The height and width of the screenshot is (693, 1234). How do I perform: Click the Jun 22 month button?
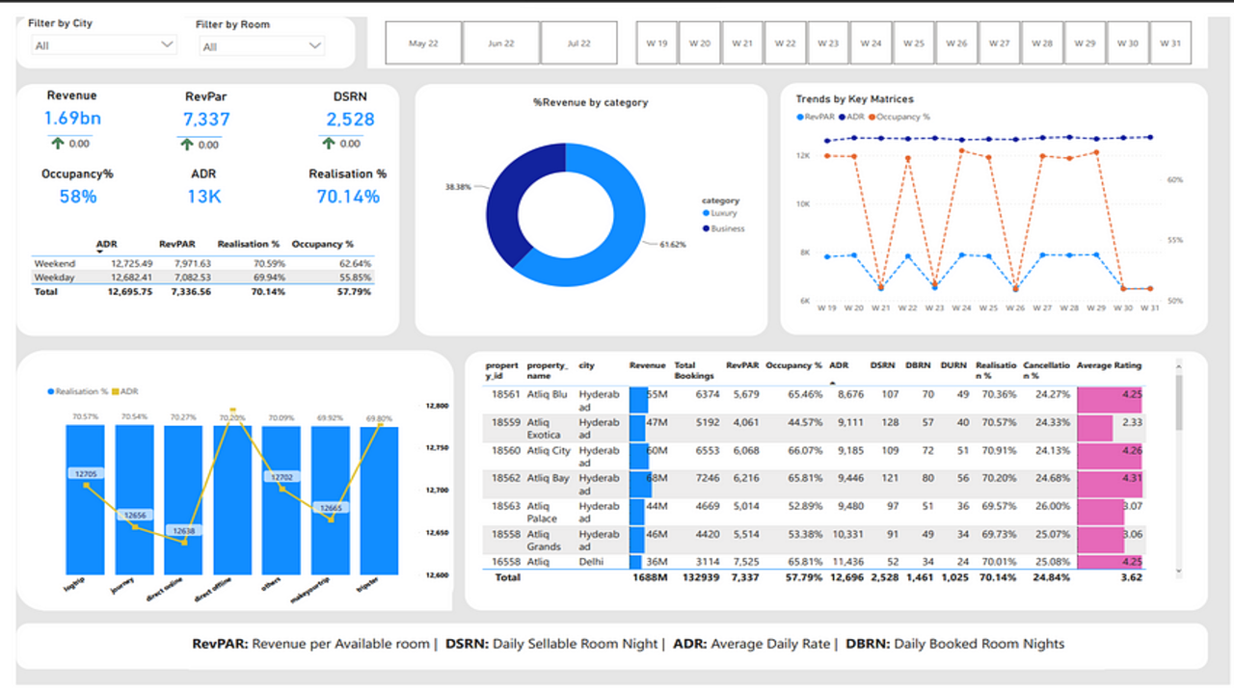(501, 43)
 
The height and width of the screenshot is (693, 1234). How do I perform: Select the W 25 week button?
(913, 43)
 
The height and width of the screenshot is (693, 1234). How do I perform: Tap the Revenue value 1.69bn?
(72, 119)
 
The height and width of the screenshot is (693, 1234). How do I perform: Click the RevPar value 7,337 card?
(206, 119)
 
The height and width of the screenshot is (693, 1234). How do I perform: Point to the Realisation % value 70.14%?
(348, 197)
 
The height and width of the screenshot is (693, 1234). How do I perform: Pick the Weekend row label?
(54, 263)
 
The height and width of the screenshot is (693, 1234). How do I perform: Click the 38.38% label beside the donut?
(458, 186)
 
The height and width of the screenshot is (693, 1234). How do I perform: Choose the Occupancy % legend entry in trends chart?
(900, 116)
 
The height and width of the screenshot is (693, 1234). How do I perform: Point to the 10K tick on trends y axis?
(802, 203)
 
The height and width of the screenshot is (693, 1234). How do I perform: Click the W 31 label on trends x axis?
(1149, 308)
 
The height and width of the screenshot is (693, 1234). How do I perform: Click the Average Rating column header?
(1109, 365)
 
